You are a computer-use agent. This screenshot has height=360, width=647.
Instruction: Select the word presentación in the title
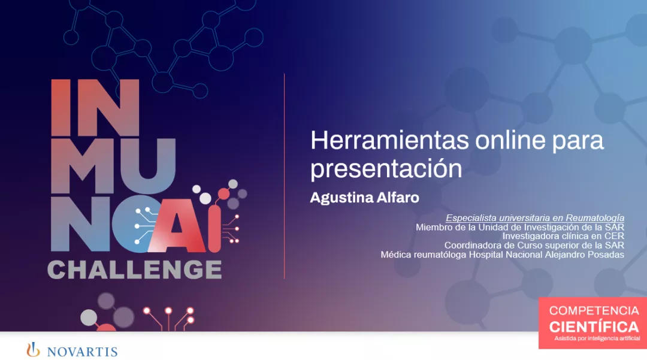(x=386, y=169)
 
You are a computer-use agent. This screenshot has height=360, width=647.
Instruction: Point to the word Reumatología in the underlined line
(x=595, y=218)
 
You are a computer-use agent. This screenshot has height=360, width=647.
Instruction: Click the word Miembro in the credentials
(x=433, y=227)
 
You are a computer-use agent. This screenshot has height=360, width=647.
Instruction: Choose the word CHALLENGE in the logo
(x=134, y=270)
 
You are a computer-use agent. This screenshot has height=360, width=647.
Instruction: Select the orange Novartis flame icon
(x=34, y=350)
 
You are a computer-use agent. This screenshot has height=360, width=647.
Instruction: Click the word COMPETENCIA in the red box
(x=594, y=311)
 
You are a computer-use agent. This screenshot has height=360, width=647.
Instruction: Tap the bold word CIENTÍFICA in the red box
(x=594, y=327)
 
